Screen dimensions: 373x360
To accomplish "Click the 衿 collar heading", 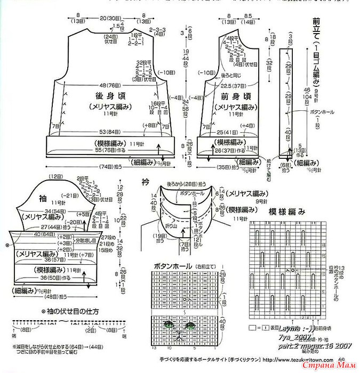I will (x=145, y=181).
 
